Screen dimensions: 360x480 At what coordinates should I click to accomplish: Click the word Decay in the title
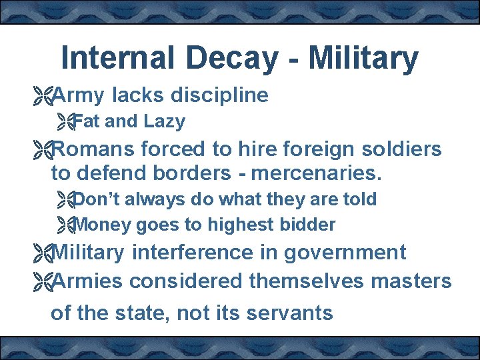(231, 59)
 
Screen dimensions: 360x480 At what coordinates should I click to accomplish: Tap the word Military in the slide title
(363, 59)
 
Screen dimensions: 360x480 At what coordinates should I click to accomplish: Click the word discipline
(219, 96)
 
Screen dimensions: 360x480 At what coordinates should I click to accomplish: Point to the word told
(359, 199)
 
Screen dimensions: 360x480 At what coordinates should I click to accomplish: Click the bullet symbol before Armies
(43, 282)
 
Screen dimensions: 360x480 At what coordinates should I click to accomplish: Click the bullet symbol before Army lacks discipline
(43, 96)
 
